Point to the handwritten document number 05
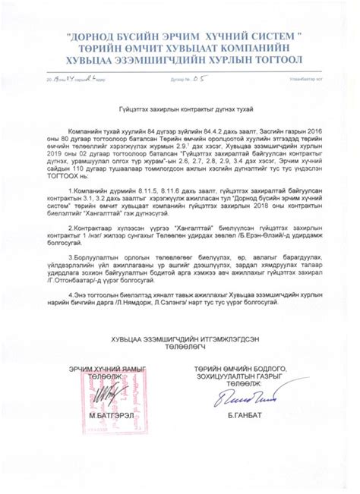200,77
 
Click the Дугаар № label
178,79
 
